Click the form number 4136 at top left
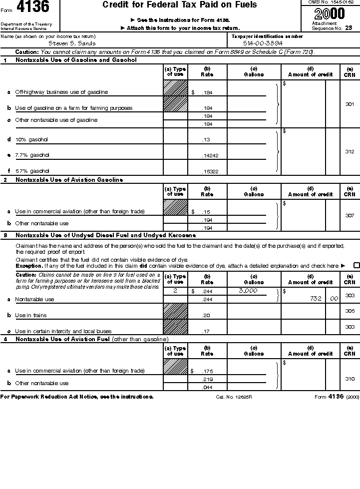[x=33, y=8]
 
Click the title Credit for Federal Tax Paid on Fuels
[x=180, y=5]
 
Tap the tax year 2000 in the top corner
[x=330, y=13]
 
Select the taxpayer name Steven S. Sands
[x=69, y=43]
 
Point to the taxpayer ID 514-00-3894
[x=262, y=43]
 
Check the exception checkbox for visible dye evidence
[x=356, y=266]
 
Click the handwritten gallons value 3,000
[x=248, y=291]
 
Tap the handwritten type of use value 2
[x=175, y=290]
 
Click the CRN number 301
[x=350, y=104]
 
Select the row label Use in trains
[x=28, y=316]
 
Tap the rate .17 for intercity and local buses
[x=206, y=331]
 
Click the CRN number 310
[x=350, y=379]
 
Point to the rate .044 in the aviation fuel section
[x=207, y=388]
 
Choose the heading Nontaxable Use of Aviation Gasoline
[x=69, y=180]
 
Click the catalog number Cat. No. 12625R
[x=234, y=397]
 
